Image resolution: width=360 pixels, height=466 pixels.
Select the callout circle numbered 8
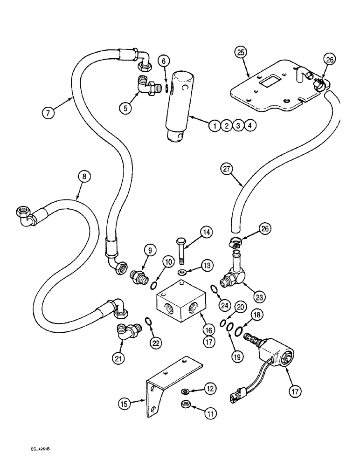[x=84, y=177]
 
